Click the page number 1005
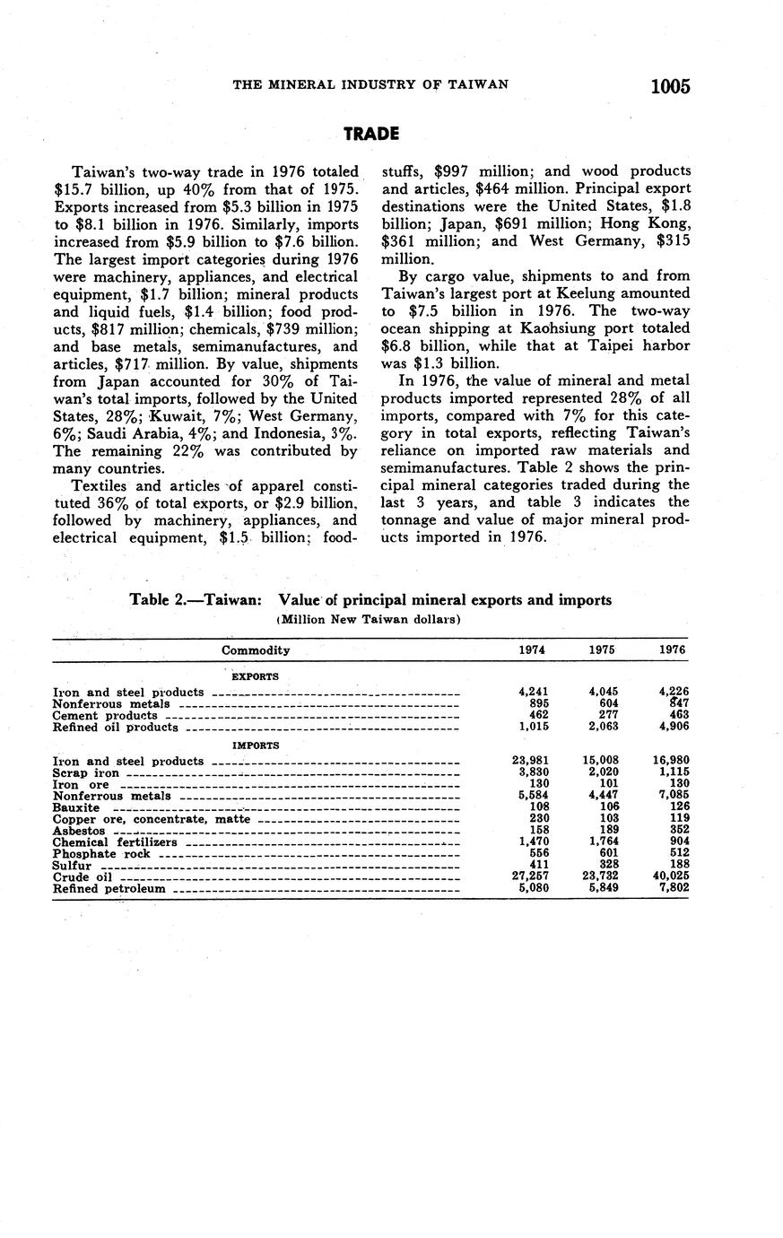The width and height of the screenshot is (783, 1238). (x=670, y=86)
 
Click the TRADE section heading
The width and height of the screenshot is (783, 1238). (x=371, y=134)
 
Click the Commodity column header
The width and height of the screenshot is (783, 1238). (x=256, y=650)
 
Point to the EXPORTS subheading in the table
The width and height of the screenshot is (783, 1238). (x=256, y=676)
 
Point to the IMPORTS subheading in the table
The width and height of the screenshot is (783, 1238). (x=256, y=745)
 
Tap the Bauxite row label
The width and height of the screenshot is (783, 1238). (x=76, y=807)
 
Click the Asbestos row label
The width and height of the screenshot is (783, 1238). (x=79, y=831)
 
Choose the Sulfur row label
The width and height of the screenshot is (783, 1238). (x=72, y=866)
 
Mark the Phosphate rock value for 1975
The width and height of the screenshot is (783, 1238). (x=605, y=854)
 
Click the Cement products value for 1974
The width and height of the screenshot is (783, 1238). (x=536, y=715)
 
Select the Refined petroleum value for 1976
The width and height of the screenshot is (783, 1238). (x=672, y=889)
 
